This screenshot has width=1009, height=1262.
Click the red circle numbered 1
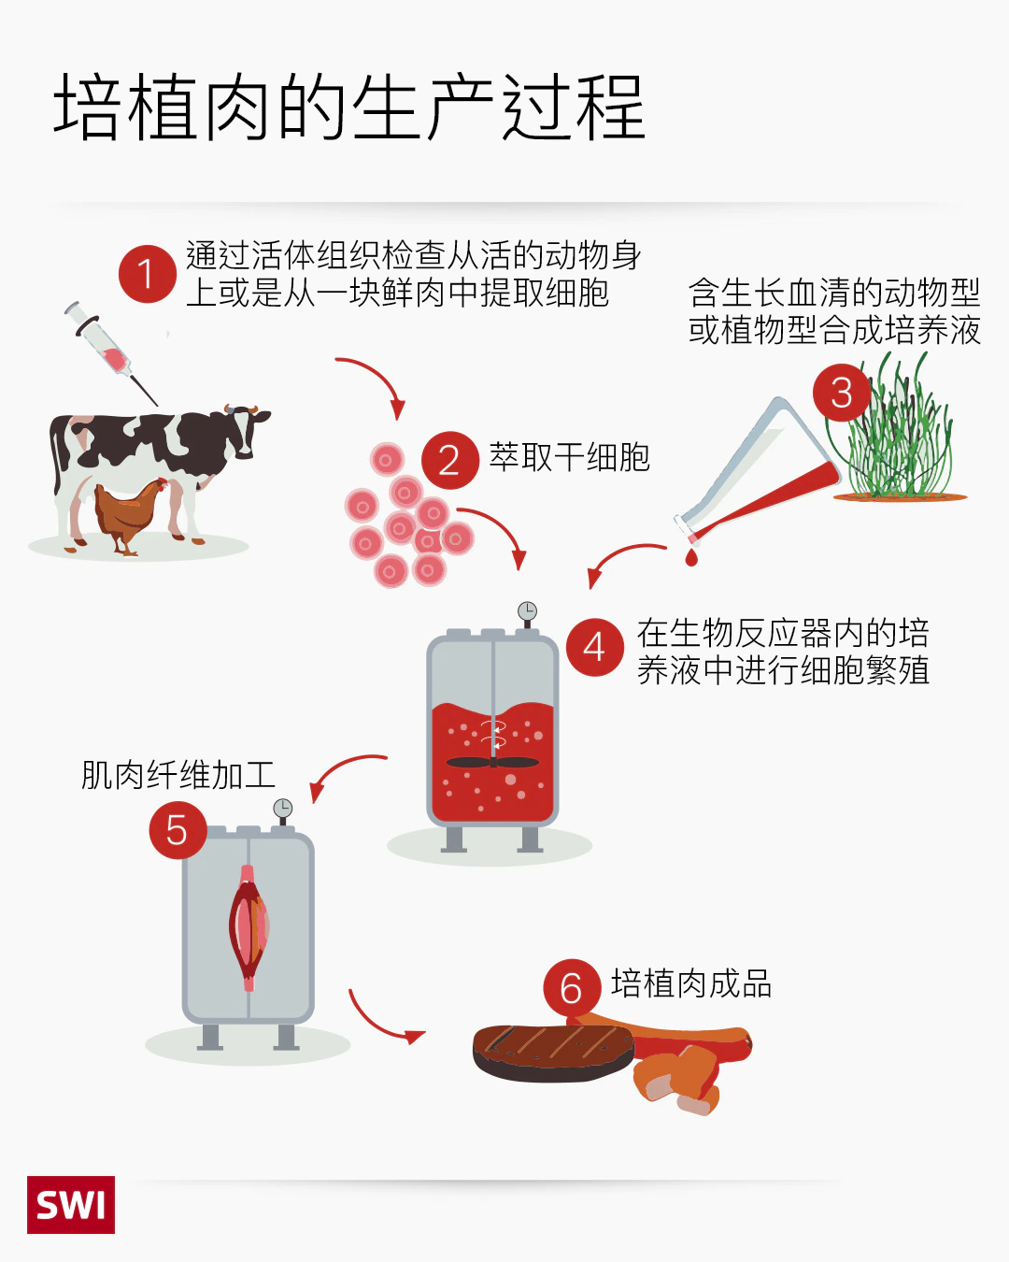pos(148,274)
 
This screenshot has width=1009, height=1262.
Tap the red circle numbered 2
pos(450,460)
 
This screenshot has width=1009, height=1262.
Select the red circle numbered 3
pos(842,392)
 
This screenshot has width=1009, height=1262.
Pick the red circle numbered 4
pos(594,648)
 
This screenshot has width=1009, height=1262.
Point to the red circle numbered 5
pos(178,830)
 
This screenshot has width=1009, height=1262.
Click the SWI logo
pos(71,1205)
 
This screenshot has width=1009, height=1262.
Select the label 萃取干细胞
pos(569,457)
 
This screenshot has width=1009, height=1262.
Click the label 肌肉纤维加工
pos(178,775)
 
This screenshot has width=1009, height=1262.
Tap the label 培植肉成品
pos(691,983)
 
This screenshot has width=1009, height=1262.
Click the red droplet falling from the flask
pos(691,557)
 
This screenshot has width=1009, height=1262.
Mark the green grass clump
pos(894,425)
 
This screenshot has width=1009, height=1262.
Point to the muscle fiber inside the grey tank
pos(249,927)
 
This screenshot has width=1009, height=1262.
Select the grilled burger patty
pos(553,1054)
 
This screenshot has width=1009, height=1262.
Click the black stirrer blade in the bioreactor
pos(492,763)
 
